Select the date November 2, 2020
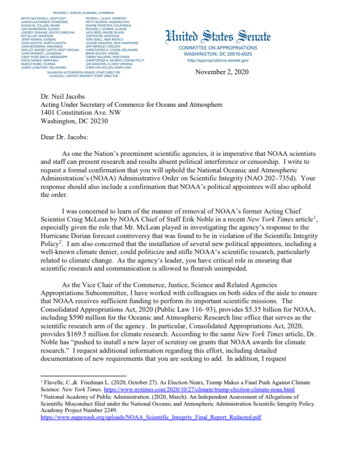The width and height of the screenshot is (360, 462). click(x=222, y=72)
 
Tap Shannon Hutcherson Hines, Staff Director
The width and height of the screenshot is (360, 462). click(x=79, y=73)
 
